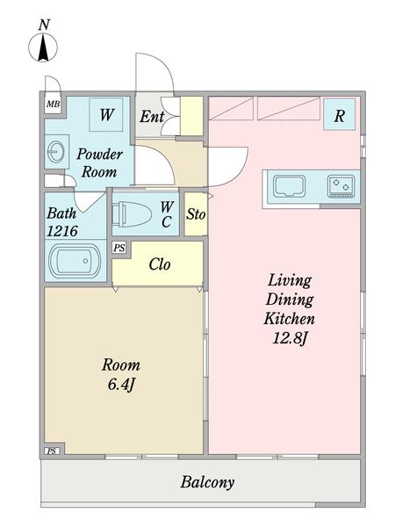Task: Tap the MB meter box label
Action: pyautogui.click(x=53, y=104)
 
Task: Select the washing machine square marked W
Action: pyautogui.click(x=106, y=114)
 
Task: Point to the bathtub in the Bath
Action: pyautogui.click(x=75, y=261)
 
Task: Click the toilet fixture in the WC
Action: pyautogui.click(x=132, y=214)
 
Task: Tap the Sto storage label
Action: pyautogui.click(x=196, y=213)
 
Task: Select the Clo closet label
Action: pyautogui.click(x=160, y=264)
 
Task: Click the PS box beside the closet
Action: pyautogui.click(x=119, y=248)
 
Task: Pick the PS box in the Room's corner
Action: pyautogui.click(x=52, y=451)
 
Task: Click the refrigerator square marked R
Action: pyautogui.click(x=339, y=114)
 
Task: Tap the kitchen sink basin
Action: pyautogui.click(x=289, y=186)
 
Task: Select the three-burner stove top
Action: pyautogui.click(x=341, y=186)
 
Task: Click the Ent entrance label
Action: pyautogui.click(x=152, y=117)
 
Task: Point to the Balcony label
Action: pyautogui.click(x=207, y=482)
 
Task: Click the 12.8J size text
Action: pyautogui.click(x=290, y=338)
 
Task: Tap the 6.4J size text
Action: pyautogui.click(x=121, y=385)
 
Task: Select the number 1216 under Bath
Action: pyautogui.click(x=62, y=231)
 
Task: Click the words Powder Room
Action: pyautogui.click(x=99, y=163)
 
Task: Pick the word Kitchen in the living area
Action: pyautogui.click(x=289, y=318)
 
